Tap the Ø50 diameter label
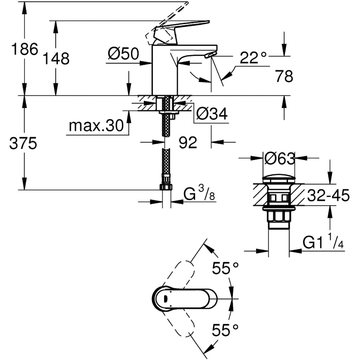[123, 54]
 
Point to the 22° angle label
[253, 58]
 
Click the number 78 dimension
[284, 76]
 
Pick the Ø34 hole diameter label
[212, 114]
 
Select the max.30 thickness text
[96, 126]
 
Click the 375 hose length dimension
[23, 144]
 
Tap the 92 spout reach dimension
[188, 143]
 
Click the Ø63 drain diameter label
[279, 158]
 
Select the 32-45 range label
[328, 196]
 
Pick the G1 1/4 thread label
[323, 243]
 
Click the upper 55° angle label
[225, 268]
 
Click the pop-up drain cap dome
[279, 179]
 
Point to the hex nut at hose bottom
[166, 187]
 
